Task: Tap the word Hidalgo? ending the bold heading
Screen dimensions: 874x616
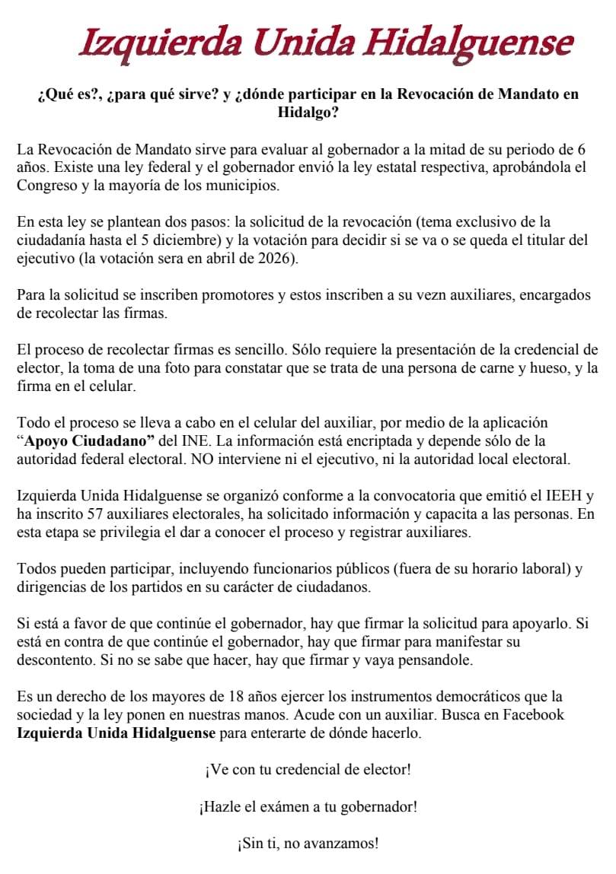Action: [x=308, y=113]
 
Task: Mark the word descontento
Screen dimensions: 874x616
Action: [x=56, y=661]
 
